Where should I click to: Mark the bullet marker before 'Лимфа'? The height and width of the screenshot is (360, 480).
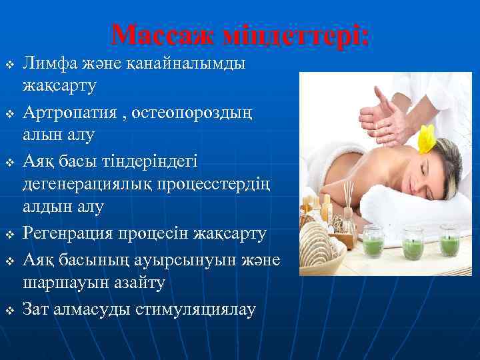(9, 65)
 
